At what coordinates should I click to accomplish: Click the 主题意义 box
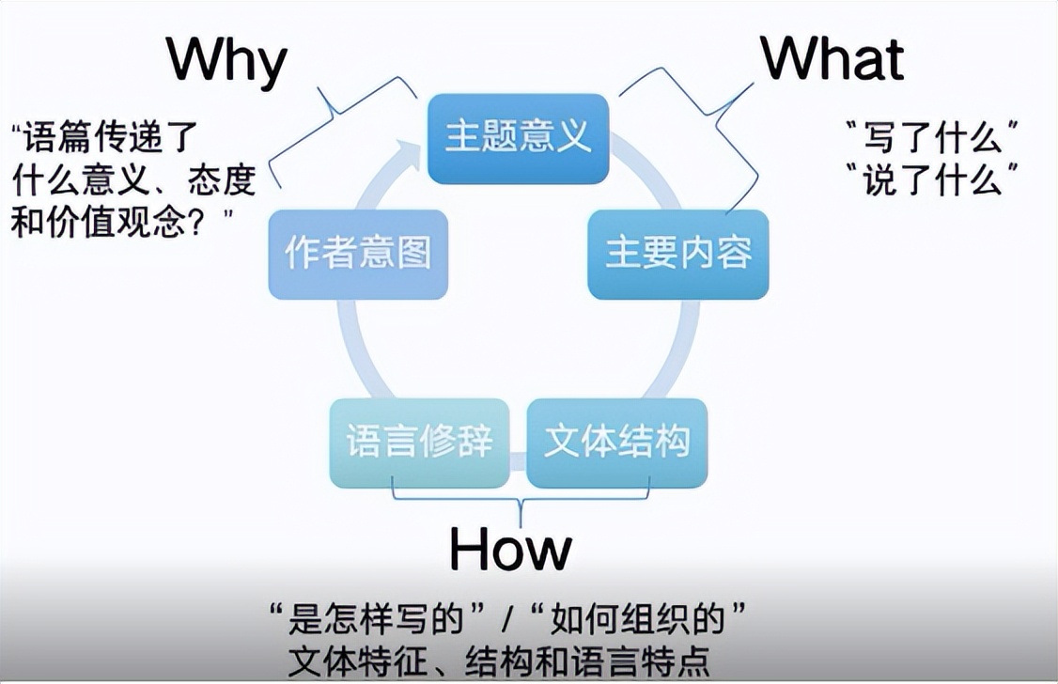518,137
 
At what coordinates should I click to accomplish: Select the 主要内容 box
678,255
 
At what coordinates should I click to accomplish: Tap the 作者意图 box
358,255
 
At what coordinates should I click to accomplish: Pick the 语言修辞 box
419,443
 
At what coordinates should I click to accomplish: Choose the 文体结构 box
617,443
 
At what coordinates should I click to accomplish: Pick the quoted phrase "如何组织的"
640,620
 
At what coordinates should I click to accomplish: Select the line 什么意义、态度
132,180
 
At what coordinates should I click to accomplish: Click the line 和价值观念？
122,223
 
